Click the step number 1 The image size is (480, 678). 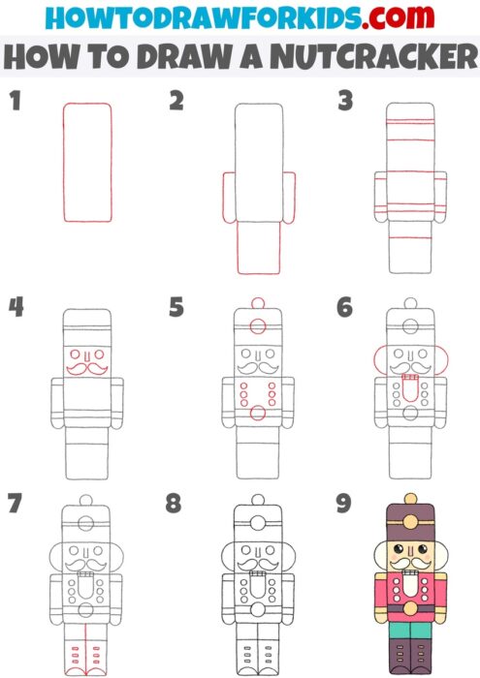15,101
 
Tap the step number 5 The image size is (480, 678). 176,308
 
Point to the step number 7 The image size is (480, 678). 15,504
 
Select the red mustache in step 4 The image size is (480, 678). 87,367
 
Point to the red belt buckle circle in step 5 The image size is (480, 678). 257,414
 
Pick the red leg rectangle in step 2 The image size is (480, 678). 257,246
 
